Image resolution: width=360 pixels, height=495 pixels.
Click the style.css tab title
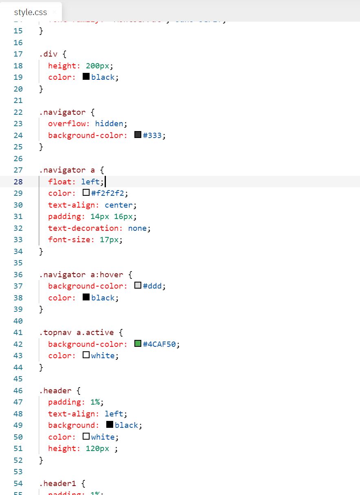coord(30,12)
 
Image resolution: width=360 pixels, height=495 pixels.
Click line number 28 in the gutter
coord(18,182)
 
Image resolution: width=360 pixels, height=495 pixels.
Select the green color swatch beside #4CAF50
coord(138,344)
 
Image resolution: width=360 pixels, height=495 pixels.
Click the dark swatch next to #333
coord(138,135)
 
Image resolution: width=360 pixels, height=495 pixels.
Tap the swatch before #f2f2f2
coord(86,193)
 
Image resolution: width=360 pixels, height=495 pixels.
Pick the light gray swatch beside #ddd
coord(138,286)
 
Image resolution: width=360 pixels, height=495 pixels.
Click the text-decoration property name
coord(85,228)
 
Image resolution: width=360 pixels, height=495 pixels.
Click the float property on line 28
coord(60,182)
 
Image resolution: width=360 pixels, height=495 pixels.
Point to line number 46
coord(18,390)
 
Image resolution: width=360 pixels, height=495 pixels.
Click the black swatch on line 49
coord(110,425)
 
